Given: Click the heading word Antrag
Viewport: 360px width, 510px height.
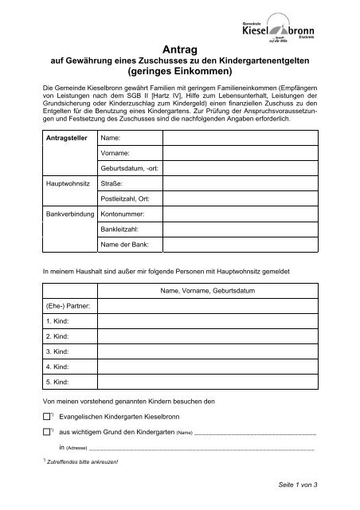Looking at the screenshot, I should [179, 49].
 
